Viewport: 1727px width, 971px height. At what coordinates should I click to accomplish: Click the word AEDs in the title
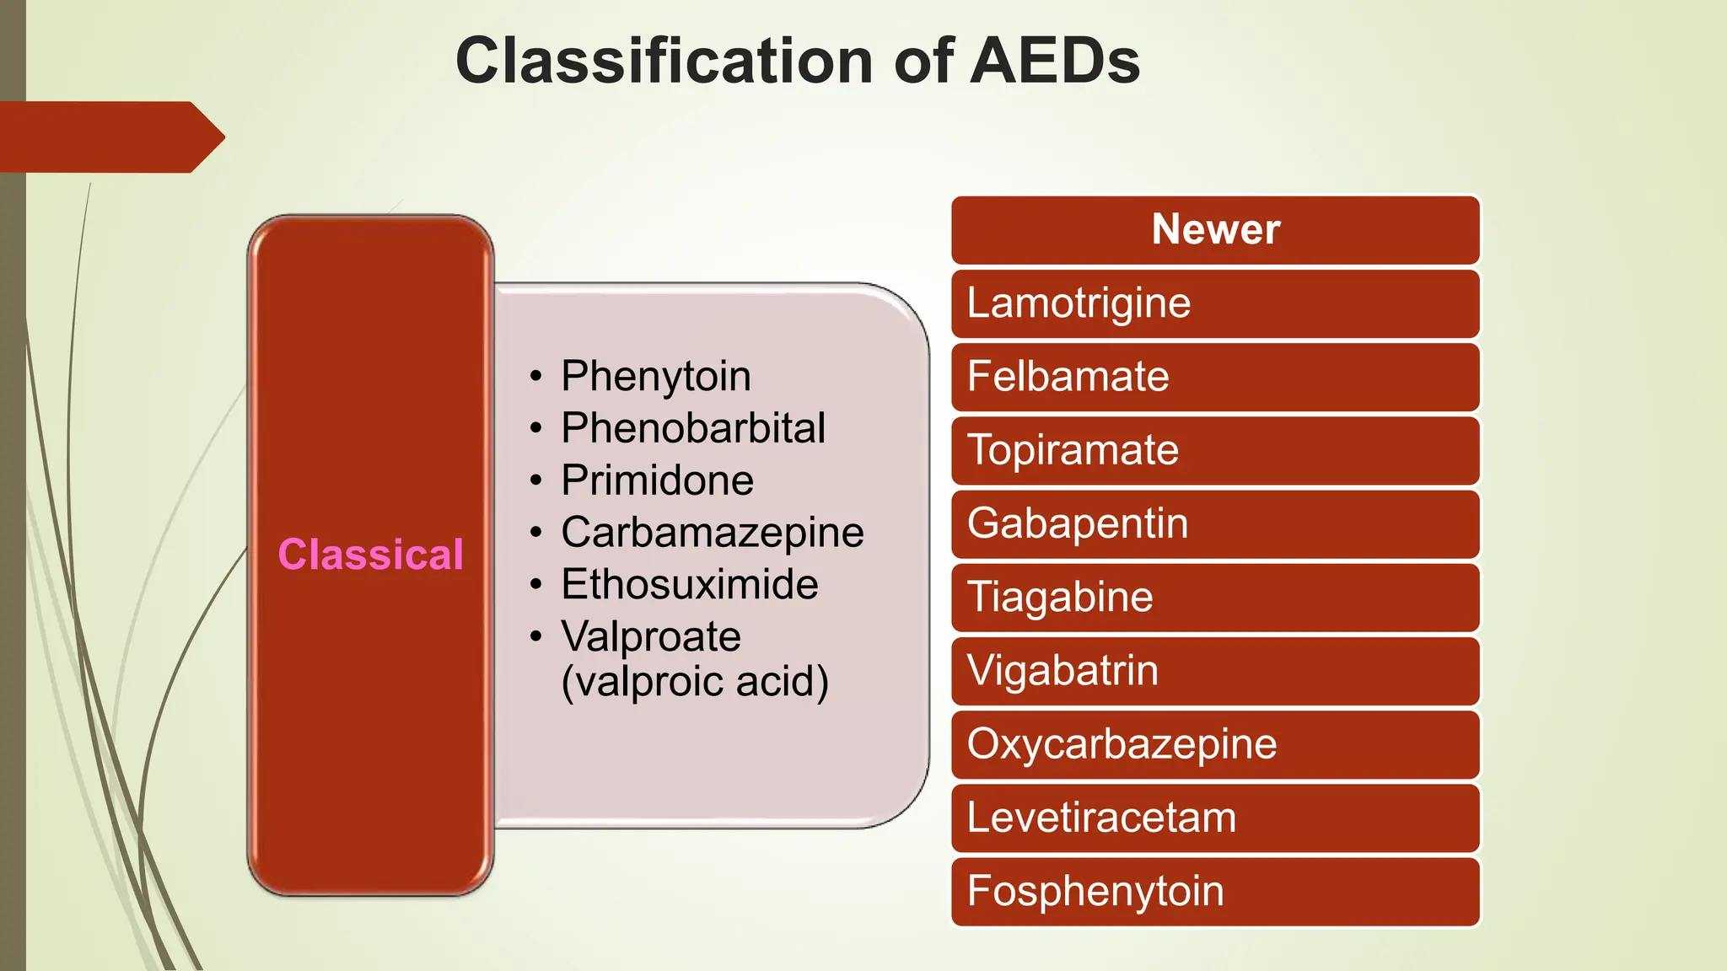[1055, 62]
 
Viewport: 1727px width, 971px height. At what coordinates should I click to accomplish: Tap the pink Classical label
[371, 555]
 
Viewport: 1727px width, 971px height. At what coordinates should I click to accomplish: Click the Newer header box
[1215, 229]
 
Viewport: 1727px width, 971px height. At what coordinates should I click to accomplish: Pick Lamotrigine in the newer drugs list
[1079, 303]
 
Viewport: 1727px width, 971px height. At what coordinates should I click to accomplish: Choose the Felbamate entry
[1068, 377]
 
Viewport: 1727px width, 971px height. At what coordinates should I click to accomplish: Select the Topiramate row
[1073, 450]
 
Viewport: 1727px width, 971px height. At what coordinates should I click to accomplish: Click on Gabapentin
[1078, 523]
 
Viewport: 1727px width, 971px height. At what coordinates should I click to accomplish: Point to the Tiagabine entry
[1060, 598]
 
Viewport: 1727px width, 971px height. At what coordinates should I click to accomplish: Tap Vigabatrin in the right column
[1063, 671]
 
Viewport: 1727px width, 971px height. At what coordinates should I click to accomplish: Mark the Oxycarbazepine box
[1122, 744]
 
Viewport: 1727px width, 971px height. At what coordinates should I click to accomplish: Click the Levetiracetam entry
[1101, 818]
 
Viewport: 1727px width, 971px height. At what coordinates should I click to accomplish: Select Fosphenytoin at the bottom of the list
[1095, 891]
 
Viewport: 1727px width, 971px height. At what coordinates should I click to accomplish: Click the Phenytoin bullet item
[656, 376]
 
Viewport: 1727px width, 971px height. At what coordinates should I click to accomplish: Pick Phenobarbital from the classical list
[693, 428]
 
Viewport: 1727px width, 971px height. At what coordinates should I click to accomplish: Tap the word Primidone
[658, 480]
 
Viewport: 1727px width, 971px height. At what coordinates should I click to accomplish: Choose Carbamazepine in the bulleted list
[713, 533]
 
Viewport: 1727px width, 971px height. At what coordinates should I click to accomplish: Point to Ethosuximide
[690, 585]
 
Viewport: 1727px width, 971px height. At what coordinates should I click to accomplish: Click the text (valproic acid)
[695, 681]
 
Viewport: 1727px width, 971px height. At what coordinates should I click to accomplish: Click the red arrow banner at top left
[110, 137]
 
